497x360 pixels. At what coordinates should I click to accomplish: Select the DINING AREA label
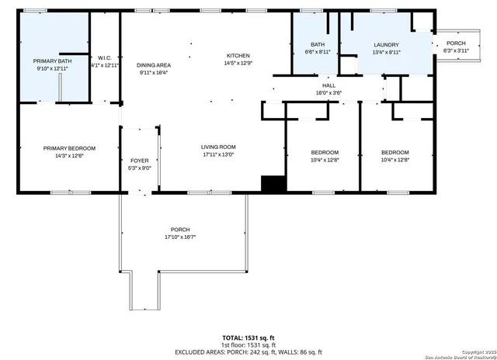click(x=154, y=65)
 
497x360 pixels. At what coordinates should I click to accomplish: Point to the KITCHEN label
click(x=238, y=55)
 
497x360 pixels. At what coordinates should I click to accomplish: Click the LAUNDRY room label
click(x=385, y=45)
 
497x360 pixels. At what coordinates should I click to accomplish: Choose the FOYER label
click(x=138, y=161)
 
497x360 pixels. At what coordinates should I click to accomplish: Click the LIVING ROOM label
click(x=218, y=147)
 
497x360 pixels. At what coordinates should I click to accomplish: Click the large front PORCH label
click(x=180, y=230)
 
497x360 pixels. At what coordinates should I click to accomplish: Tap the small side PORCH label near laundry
click(x=456, y=43)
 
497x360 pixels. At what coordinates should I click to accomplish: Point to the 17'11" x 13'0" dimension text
click(x=218, y=154)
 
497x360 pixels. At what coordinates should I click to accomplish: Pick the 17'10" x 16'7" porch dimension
click(x=180, y=237)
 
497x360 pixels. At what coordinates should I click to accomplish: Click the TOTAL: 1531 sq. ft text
click(x=248, y=337)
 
